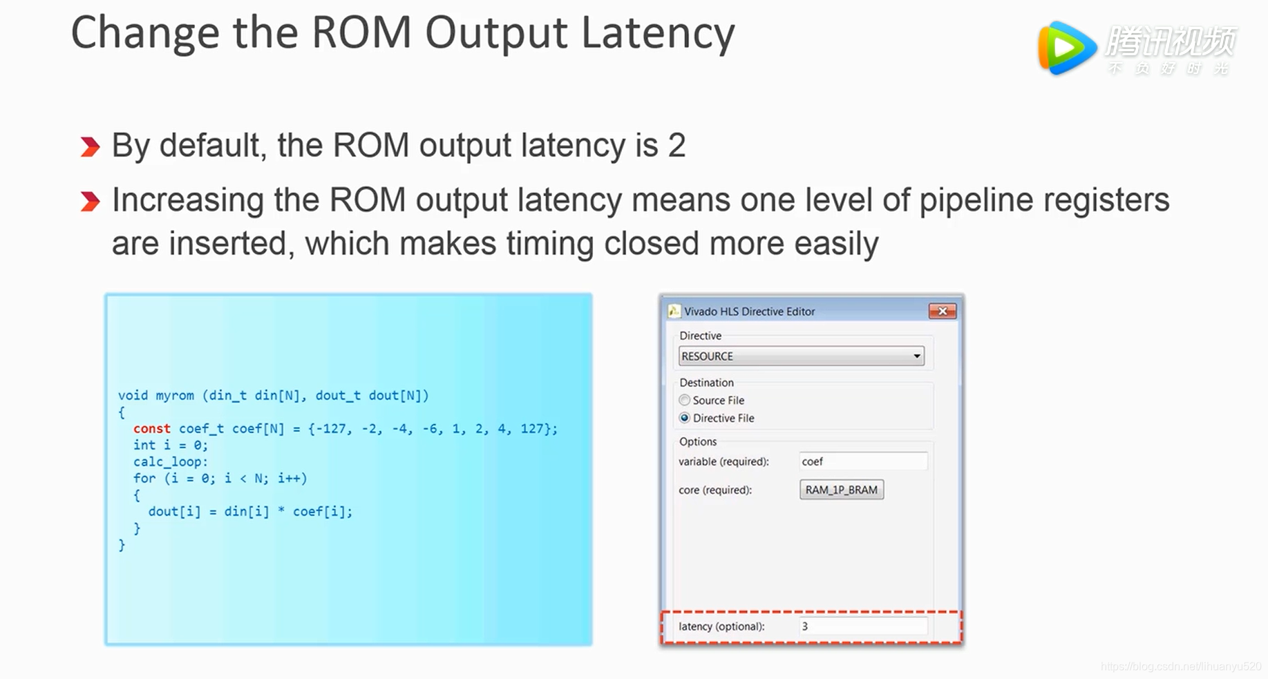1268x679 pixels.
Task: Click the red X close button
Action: click(942, 312)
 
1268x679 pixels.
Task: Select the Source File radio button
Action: click(685, 400)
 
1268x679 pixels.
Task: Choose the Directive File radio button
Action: click(685, 418)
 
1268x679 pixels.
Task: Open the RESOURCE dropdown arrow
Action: click(916, 356)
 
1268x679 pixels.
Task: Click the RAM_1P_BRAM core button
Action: click(841, 490)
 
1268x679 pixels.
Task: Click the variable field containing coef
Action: click(862, 461)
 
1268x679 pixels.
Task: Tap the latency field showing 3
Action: click(862, 627)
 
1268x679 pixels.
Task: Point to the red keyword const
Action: click(151, 428)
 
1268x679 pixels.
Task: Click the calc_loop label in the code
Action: click(170, 461)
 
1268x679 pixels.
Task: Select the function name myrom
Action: click(174, 395)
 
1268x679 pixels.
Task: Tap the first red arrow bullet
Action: click(90, 147)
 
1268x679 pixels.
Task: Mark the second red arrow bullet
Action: click(90, 202)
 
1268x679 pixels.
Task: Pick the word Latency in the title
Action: click(657, 33)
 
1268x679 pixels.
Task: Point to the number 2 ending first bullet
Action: click(676, 146)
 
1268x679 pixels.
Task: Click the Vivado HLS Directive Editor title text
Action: click(749, 312)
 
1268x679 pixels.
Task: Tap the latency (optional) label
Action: click(721, 627)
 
